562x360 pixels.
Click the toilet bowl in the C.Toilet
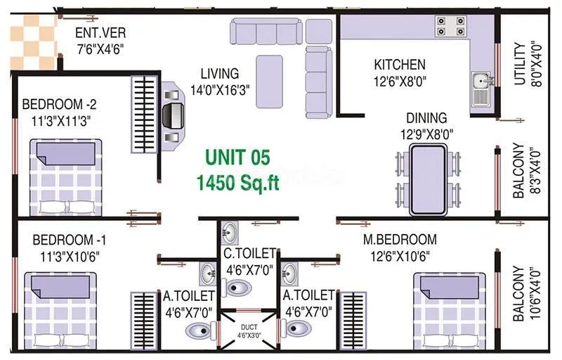[x=238, y=287]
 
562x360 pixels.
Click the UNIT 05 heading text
[x=237, y=157]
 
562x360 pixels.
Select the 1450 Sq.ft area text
[x=237, y=182]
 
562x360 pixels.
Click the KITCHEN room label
[x=399, y=65]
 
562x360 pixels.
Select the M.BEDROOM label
[x=399, y=240]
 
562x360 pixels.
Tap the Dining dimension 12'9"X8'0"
[x=426, y=134]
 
